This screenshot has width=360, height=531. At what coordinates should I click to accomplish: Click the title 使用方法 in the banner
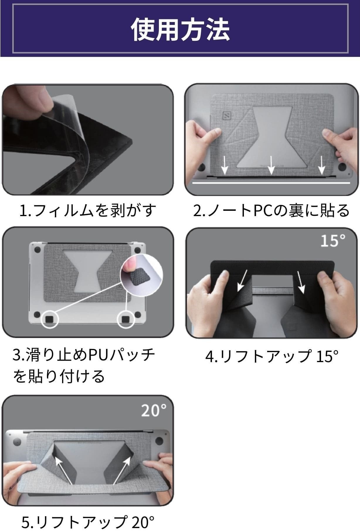click(180, 29)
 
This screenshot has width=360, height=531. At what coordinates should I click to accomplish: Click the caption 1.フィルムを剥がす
click(88, 211)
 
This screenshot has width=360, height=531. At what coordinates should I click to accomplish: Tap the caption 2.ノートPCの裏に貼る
click(271, 211)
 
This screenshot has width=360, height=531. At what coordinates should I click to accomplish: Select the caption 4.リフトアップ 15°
click(271, 356)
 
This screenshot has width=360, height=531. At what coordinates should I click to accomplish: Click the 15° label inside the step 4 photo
click(333, 241)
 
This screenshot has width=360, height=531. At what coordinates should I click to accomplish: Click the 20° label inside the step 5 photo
click(153, 410)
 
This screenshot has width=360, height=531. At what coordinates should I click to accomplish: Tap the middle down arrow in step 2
click(271, 165)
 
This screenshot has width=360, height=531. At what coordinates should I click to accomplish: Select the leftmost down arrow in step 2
click(225, 165)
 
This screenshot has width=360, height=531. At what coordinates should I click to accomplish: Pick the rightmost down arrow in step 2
click(322, 165)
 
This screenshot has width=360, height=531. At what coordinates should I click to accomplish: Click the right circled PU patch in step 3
click(126, 319)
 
